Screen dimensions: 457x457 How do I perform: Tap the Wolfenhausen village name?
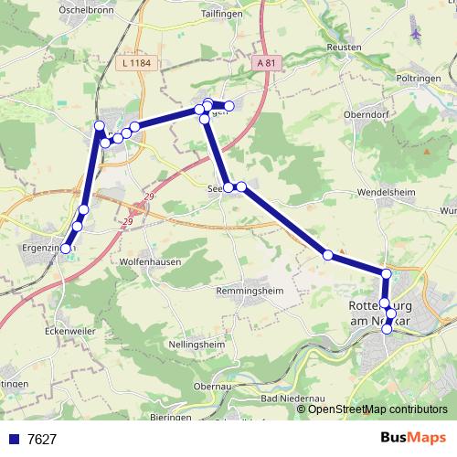(150, 260)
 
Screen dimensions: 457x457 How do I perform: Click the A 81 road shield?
(265, 63)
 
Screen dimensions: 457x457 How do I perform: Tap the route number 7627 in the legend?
(42, 440)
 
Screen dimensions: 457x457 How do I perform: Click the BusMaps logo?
(413, 438)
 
